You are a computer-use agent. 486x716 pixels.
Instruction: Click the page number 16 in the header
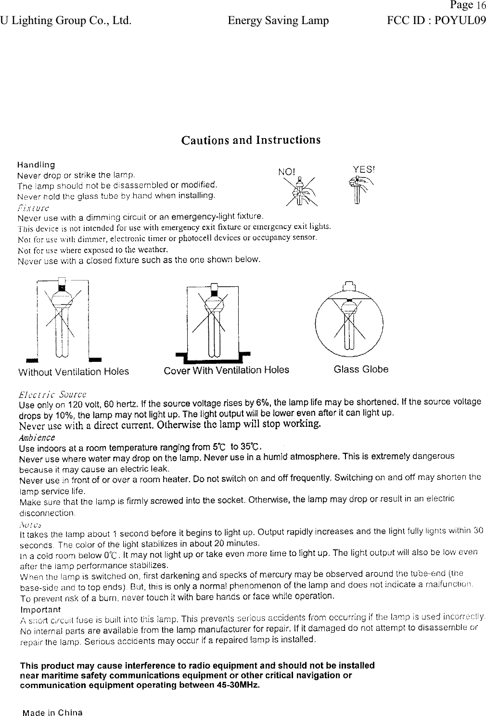click(481, 6)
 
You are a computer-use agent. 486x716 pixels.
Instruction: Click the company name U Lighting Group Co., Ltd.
click(65, 21)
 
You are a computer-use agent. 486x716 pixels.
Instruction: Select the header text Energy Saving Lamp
click(278, 21)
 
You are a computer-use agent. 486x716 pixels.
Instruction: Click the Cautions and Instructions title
click(251, 140)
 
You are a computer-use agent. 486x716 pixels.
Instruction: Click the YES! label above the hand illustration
click(364, 169)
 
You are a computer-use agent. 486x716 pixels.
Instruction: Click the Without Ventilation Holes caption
click(73, 372)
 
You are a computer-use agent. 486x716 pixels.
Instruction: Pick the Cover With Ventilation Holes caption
click(226, 370)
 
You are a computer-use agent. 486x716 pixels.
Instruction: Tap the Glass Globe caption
click(361, 370)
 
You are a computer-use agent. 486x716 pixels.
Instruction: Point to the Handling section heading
click(36, 165)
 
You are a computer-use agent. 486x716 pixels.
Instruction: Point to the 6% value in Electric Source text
click(263, 403)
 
